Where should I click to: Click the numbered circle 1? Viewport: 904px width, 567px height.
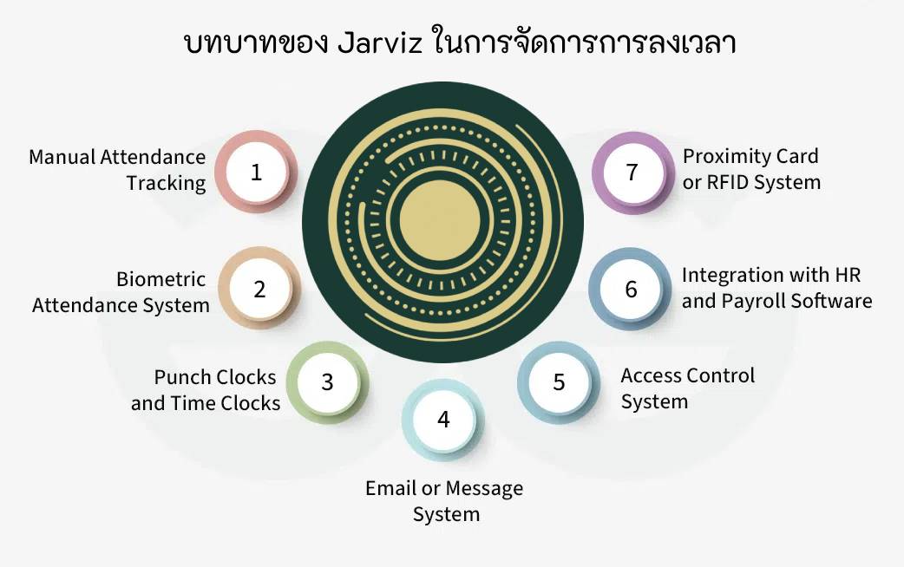[256, 172]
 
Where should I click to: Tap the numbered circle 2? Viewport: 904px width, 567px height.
[259, 289]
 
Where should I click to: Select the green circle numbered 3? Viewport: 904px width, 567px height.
[327, 381]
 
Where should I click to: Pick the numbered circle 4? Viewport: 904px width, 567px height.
[443, 420]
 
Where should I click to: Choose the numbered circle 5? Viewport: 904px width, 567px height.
[559, 381]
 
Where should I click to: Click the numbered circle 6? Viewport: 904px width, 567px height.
[631, 289]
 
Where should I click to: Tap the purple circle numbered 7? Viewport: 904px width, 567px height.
[632, 172]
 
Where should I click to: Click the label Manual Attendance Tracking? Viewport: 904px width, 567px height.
[118, 170]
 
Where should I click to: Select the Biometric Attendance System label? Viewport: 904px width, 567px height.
[121, 292]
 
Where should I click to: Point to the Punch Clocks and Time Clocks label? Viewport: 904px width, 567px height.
[206, 390]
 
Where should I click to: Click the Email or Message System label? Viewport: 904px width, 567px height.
[444, 501]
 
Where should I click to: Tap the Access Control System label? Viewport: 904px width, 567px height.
[687, 388]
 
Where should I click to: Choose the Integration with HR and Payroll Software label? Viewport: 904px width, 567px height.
[776, 288]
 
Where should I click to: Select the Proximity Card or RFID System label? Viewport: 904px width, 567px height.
[751, 169]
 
